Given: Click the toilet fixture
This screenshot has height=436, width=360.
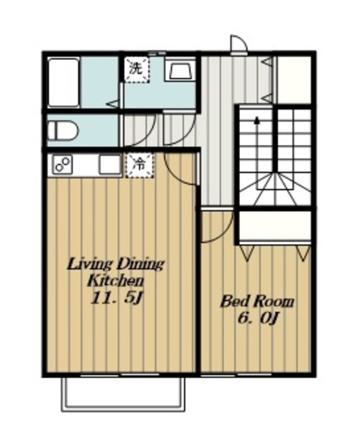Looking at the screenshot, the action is tap(63, 131).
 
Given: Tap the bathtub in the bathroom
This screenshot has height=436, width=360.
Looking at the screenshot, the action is tap(63, 82).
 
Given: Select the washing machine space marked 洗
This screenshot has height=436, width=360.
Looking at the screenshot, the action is tap(136, 69).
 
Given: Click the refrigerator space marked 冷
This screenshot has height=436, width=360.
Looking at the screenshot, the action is tap(139, 165).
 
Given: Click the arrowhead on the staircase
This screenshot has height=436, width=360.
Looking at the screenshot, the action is tap(257, 120).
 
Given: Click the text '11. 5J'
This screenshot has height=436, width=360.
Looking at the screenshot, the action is tap(117, 299).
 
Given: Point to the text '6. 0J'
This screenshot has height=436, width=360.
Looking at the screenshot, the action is tap(258, 318).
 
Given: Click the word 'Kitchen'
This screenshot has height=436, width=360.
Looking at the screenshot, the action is tap(116, 281).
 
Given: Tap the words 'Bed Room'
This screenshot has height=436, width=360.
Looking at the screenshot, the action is tap(257, 302).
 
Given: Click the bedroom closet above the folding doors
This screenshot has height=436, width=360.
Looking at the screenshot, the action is tap(275, 227).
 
